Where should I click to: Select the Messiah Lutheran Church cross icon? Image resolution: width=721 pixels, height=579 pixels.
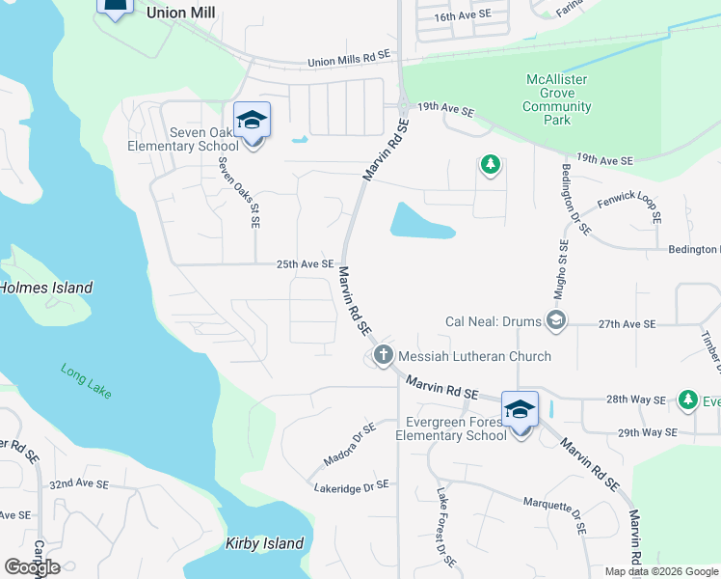click(x=383, y=356)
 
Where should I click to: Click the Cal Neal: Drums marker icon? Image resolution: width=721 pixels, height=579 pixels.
click(x=555, y=319)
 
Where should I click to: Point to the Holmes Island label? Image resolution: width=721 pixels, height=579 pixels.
click(x=46, y=288)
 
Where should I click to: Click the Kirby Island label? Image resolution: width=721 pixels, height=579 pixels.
click(x=265, y=543)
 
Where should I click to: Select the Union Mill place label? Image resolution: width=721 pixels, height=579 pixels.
click(x=180, y=13)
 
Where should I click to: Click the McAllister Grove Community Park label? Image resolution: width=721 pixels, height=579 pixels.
click(x=557, y=99)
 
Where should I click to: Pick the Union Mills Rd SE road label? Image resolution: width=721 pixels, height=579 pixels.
click(x=349, y=60)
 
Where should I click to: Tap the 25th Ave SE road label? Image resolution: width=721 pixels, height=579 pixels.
click(x=305, y=263)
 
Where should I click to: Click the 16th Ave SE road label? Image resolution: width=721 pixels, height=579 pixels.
click(x=462, y=16)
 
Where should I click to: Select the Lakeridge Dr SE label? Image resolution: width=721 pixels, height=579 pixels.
click(x=351, y=487)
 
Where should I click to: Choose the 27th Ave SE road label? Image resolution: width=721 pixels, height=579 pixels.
click(x=627, y=324)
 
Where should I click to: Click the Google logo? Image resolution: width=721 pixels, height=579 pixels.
click(x=32, y=566)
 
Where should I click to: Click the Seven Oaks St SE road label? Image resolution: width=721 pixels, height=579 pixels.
click(x=240, y=193)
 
